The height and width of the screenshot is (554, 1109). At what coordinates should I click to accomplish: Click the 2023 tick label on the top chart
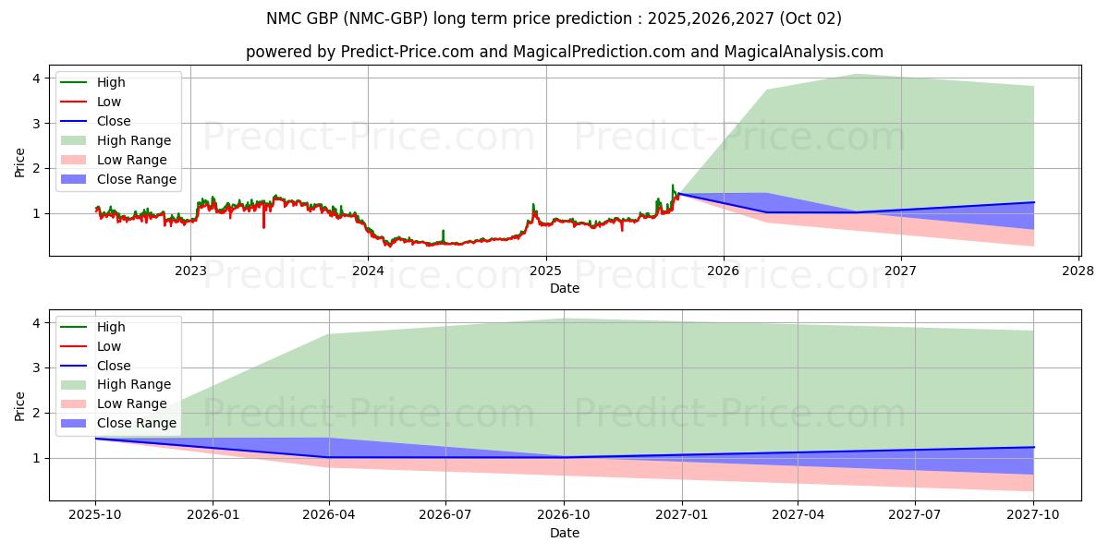[x=190, y=271]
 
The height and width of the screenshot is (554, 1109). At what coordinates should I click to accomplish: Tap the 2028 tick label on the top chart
[x=1078, y=271]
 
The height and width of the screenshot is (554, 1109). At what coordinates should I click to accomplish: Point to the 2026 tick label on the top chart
[x=723, y=271]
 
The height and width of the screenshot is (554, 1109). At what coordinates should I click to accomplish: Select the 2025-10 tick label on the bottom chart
[x=95, y=515]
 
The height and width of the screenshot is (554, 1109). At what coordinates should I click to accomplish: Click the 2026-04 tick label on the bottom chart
[x=329, y=515]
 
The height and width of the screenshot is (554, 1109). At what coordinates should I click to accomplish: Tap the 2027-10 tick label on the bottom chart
[x=1033, y=515]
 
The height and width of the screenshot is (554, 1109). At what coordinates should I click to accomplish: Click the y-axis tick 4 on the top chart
[x=37, y=78]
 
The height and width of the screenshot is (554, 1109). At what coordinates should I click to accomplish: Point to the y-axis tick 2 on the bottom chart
[x=37, y=413]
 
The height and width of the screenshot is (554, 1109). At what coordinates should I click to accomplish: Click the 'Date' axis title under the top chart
[x=564, y=288]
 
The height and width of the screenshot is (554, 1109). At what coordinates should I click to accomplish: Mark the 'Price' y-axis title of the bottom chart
[x=19, y=405]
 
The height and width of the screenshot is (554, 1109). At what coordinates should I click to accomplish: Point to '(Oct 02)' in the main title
[x=810, y=18]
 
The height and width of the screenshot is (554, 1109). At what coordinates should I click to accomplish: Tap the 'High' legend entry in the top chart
[x=111, y=82]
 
